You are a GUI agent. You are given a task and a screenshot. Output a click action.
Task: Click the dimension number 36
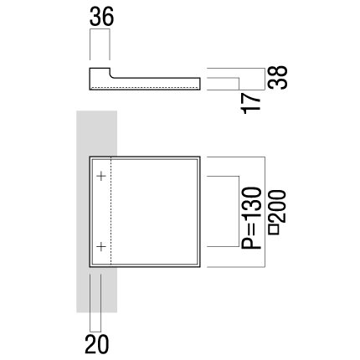[101, 17]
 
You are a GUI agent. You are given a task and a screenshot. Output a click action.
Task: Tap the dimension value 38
[278, 78]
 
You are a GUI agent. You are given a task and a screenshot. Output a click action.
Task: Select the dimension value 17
[251, 103]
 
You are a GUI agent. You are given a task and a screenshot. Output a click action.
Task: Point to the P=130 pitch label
[251, 218]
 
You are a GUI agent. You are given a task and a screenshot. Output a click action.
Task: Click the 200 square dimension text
[277, 206]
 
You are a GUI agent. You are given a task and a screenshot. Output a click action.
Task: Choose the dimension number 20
[96, 344]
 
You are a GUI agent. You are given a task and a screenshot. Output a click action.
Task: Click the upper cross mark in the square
[101, 176]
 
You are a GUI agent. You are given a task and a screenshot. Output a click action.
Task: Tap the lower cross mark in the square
[101, 246]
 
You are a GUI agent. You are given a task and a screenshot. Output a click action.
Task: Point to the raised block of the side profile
[100, 79]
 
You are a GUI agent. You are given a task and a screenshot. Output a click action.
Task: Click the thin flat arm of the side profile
[156, 84]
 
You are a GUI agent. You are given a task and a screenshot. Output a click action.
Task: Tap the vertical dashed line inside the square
[111, 212]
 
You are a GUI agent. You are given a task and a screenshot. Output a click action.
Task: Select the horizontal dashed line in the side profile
[145, 87]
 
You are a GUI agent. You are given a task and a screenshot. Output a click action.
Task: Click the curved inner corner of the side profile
[111, 76]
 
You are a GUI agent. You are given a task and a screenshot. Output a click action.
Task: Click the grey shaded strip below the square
[96, 290]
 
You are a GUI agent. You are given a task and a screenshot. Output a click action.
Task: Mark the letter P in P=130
[251, 242]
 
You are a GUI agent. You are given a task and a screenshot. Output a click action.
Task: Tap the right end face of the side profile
[200, 84]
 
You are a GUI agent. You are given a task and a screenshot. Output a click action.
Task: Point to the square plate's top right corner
[200, 157]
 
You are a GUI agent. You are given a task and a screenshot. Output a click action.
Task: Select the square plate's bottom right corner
[200, 267]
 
